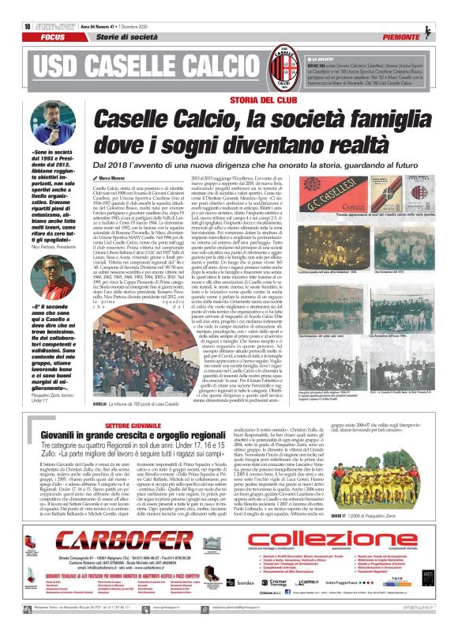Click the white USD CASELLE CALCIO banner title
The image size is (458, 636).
[139, 59]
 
